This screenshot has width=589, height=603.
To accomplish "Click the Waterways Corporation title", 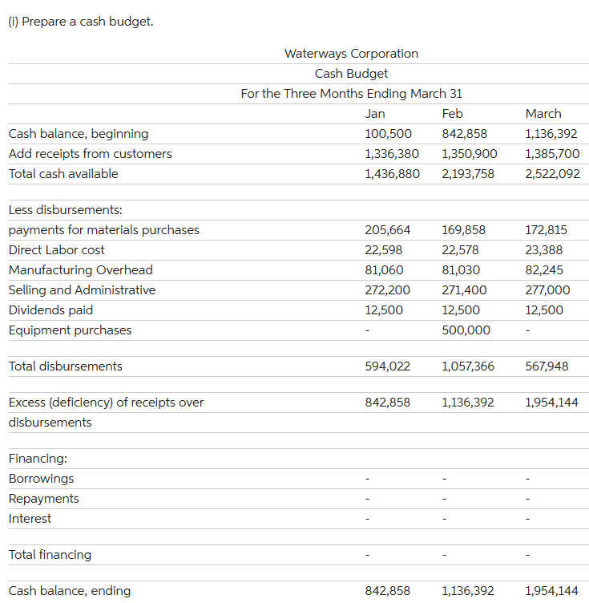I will click(x=351, y=54).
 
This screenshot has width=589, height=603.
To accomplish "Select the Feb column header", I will click(x=452, y=114).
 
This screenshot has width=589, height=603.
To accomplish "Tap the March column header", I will click(x=543, y=114).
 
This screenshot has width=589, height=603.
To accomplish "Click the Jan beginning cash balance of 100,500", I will click(x=388, y=134).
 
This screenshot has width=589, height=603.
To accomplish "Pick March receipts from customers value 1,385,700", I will click(x=551, y=154).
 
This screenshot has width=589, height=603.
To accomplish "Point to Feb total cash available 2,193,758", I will click(x=469, y=174).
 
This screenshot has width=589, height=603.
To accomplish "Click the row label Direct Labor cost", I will click(x=56, y=250).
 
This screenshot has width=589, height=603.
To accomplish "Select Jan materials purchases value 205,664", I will click(x=388, y=230).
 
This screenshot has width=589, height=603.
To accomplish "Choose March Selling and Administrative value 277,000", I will click(x=547, y=290).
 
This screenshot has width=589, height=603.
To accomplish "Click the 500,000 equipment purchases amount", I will click(x=466, y=330).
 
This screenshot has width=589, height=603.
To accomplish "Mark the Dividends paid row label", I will click(x=50, y=310).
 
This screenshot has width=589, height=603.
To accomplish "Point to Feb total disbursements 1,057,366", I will click(x=468, y=366).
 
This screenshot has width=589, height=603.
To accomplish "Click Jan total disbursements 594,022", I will click(x=388, y=366).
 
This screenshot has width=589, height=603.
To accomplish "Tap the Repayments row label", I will click(x=43, y=499).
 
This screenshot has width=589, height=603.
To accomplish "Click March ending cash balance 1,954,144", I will click(x=551, y=591).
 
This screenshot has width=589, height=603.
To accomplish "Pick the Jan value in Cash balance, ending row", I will click(x=388, y=591).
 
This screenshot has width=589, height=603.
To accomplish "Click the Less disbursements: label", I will click(x=65, y=210).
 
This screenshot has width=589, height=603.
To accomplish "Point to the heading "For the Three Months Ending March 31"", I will click(x=351, y=94).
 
